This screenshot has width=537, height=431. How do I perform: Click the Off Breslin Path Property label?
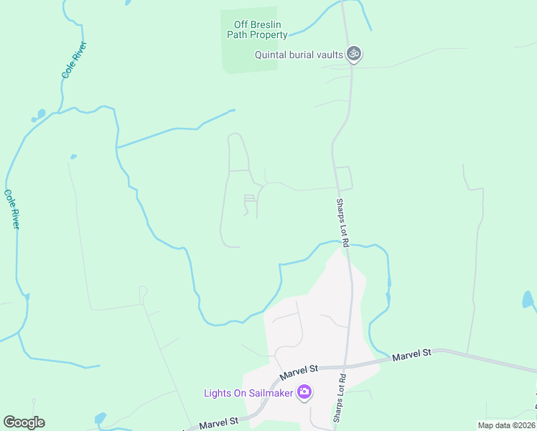coord(257,29)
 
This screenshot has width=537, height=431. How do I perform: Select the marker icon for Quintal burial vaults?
coord(352,53)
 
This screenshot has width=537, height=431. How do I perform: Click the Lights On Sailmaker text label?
coord(248,392)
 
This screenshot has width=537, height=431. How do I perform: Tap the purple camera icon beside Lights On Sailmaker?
coord(304,392)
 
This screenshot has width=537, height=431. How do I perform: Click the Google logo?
coord(24,422)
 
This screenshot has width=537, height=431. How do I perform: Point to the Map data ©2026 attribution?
coord(506,425)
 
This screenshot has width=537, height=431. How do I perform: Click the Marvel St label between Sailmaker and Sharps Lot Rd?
coord(299,371)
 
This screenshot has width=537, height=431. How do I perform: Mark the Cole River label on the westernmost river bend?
coord(11,209)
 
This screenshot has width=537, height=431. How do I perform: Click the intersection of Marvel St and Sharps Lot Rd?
coord(347,366)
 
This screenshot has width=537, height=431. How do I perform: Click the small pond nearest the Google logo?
coord(101,418)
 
